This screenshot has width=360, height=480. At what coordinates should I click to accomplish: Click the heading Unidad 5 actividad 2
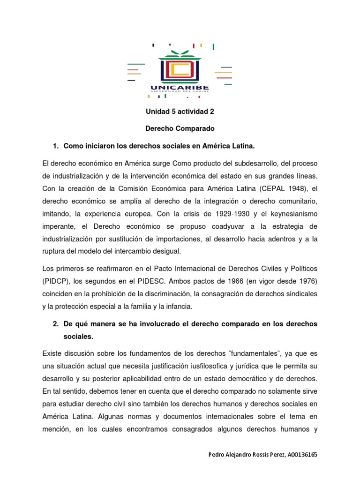(180, 112)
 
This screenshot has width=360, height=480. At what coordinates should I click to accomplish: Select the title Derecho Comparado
(180, 128)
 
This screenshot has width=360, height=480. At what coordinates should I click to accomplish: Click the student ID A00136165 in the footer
(300, 455)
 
